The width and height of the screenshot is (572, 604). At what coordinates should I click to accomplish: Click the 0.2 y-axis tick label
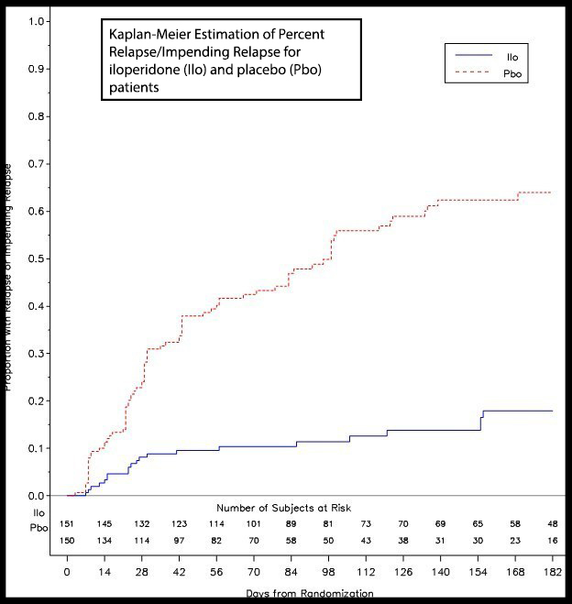[35, 401]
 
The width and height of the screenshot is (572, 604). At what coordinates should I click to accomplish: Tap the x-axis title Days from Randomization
[310, 594]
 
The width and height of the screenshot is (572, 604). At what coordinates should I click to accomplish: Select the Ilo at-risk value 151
[67, 523]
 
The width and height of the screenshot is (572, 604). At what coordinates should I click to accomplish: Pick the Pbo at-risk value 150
[67, 540]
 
